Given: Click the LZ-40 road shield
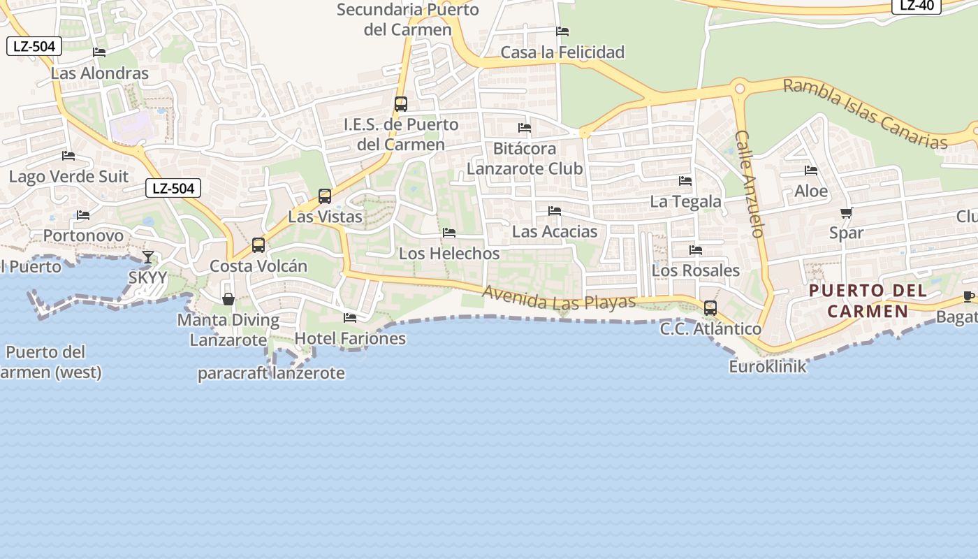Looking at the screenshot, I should (x=917, y=6).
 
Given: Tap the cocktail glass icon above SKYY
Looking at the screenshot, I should (x=148, y=257).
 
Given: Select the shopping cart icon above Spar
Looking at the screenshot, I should (x=847, y=212).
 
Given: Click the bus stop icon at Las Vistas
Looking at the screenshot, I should (x=325, y=196).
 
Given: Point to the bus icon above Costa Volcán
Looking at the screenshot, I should (x=258, y=245).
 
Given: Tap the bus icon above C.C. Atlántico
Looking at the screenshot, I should (x=710, y=308).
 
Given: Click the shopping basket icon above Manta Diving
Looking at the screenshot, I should (x=228, y=299).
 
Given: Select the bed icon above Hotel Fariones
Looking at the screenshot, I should (x=350, y=318).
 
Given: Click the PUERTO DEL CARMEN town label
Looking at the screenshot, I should (x=868, y=301).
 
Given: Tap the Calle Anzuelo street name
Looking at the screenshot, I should (x=750, y=184).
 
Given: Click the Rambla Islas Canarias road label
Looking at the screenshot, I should (x=865, y=114).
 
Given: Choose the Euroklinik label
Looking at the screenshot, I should (x=767, y=366).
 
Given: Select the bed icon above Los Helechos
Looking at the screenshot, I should (x=449, y=233).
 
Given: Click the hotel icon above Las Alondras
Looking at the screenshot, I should (x=99, y=52).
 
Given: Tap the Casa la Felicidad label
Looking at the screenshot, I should (x=562, y=52).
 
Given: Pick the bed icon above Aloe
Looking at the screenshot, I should (x=811, y=170).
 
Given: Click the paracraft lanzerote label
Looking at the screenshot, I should (x=271, y=373).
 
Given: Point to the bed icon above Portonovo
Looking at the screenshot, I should (x=83, y=215).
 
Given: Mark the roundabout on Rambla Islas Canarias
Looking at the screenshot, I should (x=739, y=89).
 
